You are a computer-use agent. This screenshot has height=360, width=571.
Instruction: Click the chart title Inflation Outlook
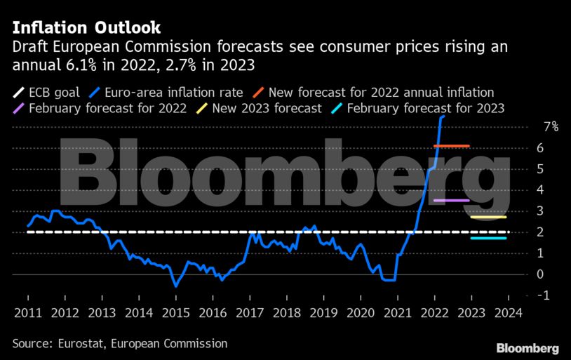[x=86, y=27]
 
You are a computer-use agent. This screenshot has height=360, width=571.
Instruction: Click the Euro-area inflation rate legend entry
[x=168, y=93]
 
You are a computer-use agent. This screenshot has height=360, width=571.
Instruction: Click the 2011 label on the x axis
[x=27, y=313]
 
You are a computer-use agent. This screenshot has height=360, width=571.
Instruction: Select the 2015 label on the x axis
[x=177, y=313]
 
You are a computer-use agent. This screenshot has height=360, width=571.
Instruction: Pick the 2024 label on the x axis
[x=509, y=313]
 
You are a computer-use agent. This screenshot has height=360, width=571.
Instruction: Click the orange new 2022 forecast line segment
[x=452, y=146]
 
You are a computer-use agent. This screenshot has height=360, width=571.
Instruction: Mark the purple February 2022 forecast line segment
[x=452, y=201]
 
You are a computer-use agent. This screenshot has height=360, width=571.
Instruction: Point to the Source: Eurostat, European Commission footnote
[x=119, y=343]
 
